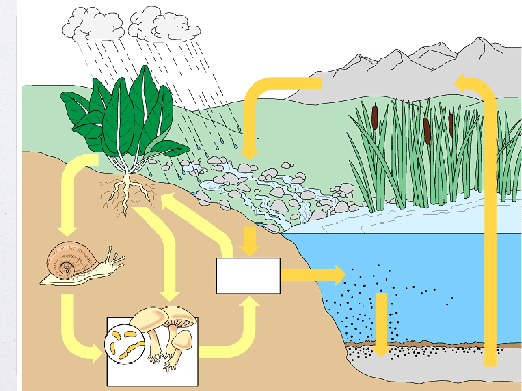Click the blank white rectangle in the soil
point(248,275)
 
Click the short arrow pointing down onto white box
point(249,242)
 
